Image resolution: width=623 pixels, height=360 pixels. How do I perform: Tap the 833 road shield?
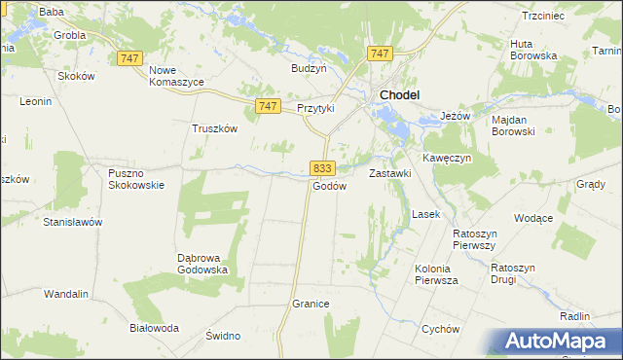coord(324,167)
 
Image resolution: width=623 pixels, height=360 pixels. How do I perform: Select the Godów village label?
coord(329,186)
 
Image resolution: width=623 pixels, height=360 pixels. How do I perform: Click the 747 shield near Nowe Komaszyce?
coord(129,58)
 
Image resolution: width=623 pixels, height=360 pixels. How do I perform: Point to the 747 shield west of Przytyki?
coord(270,105)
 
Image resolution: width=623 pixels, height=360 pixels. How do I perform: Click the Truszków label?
coord(214,127)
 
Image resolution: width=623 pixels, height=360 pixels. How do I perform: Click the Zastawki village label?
coord(390,173)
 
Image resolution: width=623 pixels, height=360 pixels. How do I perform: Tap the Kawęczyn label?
coord(447,158)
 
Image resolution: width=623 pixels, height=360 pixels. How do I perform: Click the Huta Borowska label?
coord(533,50)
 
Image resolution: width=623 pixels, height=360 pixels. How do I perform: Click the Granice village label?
coord(311,305)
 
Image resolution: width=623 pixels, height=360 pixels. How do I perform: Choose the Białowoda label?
coord(155,328)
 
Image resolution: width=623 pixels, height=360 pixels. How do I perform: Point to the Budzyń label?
coord(309,68)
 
